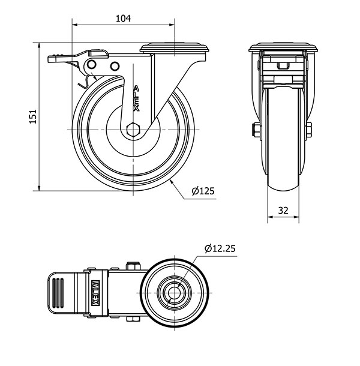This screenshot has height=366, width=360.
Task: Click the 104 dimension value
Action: coord(123,18)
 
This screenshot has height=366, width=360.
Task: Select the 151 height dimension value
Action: coord(33,116)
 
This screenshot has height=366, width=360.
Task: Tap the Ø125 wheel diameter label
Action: coord(203,191)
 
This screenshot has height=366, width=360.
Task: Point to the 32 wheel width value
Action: coord(283,211)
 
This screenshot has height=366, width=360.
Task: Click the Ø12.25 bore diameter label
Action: coord(220,248)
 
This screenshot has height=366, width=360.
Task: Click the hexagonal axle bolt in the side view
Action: coord(133,129)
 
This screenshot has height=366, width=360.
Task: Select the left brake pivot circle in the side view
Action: coord(92,64)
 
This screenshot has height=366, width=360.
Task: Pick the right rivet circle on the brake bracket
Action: coord(115,66)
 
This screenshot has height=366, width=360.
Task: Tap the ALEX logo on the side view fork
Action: coord(136,98)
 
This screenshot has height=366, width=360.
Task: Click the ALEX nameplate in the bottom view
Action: coord(95,293)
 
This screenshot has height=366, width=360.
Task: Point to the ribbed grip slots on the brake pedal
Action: coord(58,293)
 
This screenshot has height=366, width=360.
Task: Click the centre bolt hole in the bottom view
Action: coord(174,293)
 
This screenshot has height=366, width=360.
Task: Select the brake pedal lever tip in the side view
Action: coord(52,59)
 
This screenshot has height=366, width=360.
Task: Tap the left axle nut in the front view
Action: coord(256,130)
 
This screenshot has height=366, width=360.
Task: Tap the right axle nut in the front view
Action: coord(308,130)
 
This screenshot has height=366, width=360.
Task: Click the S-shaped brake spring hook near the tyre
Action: coord(85,82)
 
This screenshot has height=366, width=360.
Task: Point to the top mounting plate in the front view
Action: coord(283,47)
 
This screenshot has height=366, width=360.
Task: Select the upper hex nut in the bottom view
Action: coord(133,266)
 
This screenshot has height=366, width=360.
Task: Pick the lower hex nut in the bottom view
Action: coord(133,319)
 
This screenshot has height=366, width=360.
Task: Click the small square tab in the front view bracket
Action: coord(283,66)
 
